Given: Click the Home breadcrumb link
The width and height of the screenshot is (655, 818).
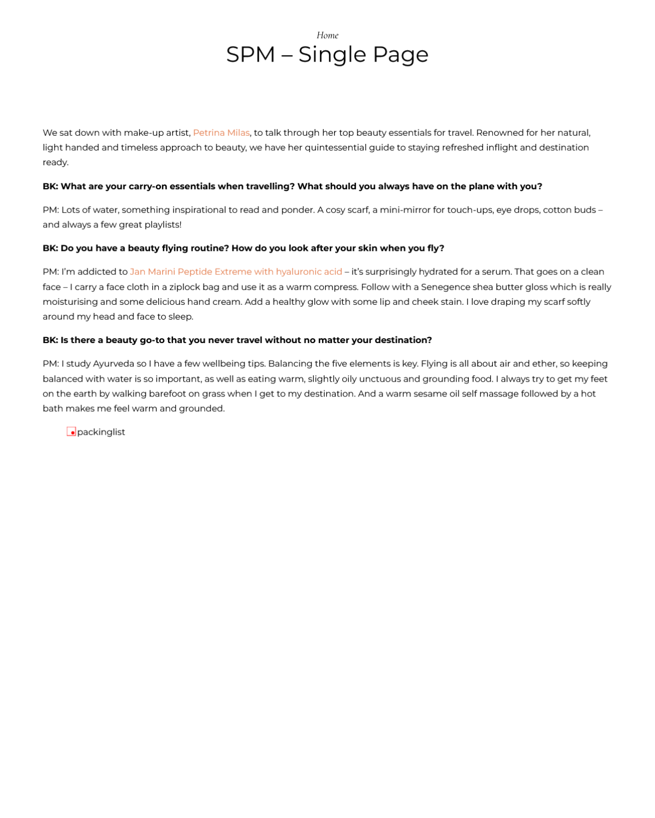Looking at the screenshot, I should point(327,35).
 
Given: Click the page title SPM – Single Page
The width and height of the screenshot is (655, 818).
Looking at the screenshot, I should point(327,55).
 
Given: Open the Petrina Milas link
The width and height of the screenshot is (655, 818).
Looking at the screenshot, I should point(221,133).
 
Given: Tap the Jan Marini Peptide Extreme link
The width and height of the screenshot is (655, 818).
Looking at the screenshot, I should point(236,272).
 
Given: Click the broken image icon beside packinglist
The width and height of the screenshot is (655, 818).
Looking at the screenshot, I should point(71,431).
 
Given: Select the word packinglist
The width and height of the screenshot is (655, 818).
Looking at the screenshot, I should point(101,432).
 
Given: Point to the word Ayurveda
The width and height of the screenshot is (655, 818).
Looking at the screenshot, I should point(114,364).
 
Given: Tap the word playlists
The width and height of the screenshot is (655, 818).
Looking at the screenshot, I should point(163,225).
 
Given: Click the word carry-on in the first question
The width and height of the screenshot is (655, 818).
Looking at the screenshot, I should point(148,187).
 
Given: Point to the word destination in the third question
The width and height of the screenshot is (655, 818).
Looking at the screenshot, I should point(403,340).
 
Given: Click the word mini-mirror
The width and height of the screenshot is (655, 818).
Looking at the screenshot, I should point(406,210).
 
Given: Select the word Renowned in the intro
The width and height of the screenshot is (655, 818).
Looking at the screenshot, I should point(499,133).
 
